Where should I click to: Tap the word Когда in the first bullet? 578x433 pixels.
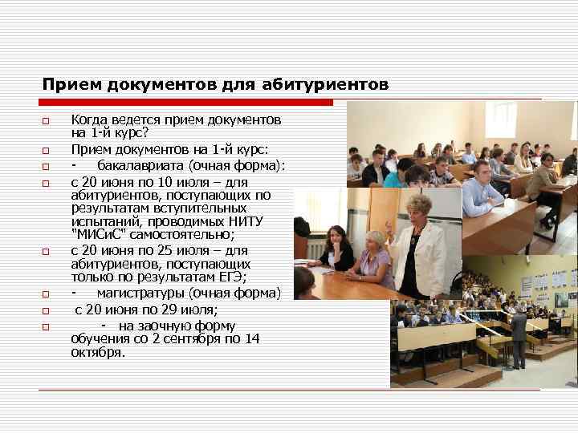click(x=88, y=119)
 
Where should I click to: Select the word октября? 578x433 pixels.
click(x=97, y=352)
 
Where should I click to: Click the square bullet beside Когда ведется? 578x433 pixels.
click(x=47, y=121)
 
